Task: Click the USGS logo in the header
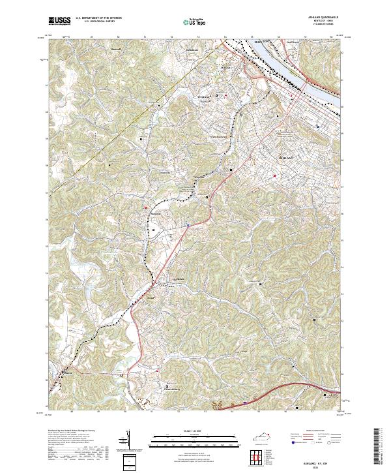pos(59,21)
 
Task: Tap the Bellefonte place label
pos(192,50)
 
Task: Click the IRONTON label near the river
pos(258,42)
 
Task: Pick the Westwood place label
pos(204,97)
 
